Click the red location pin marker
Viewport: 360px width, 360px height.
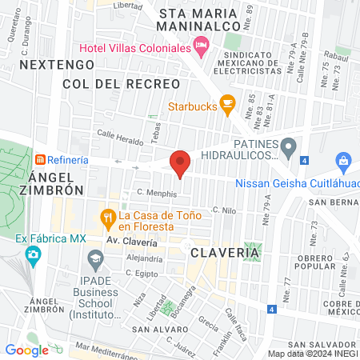tap(180, 162)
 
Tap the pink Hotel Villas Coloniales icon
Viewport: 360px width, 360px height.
tap(202, 50)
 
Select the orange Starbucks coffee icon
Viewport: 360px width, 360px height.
tap(227, 104)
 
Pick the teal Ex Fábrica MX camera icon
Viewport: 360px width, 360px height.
tap(33, 255)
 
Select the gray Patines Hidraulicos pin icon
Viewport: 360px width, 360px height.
tap(290, 146)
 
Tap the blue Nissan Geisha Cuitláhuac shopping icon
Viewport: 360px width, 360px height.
tap(343, 161)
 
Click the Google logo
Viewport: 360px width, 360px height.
tap(26, 350)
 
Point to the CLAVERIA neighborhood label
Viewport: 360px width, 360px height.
tap(226, 252)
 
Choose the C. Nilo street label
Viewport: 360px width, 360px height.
tap(222, 209)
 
